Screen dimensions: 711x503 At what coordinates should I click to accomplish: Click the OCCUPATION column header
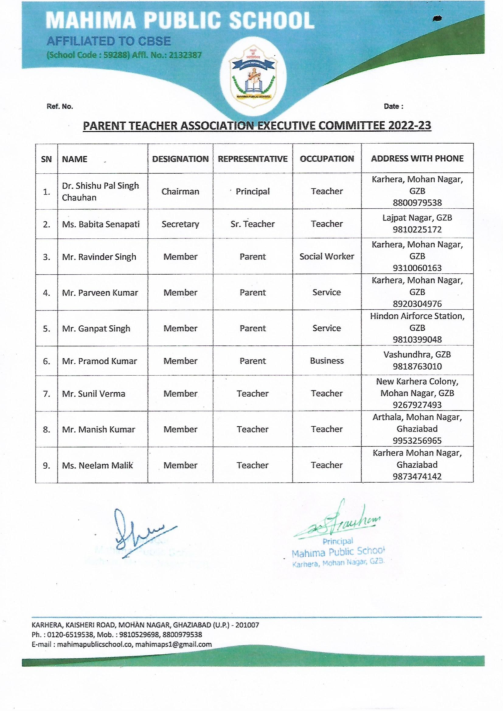click(x=327, y=159)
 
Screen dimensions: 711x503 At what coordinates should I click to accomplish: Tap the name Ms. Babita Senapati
click(x=101, y=224)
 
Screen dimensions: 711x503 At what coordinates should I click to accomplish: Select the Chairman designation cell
click(x=180, y=191)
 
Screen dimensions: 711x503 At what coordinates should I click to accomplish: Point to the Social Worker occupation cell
click(x=327, y=256)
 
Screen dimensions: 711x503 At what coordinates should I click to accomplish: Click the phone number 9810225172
click(x=417, y=230)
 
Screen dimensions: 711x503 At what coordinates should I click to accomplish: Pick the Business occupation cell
click(x=327, y=361)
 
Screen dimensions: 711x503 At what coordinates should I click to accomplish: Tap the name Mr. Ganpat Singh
click(x=96, y=328)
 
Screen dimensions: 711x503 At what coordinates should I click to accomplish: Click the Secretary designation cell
click(x=180, y=224)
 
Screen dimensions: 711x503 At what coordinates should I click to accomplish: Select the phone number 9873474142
click(x=417, y=476)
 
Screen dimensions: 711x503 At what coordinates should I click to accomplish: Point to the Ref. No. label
click(x=60, y=106)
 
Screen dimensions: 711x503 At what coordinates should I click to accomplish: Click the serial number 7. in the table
click(x=47, y=394)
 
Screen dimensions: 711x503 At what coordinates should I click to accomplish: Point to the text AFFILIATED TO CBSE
click(x=108, y=41)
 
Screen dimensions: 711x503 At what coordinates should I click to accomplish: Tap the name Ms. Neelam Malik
click(x=97, y=465)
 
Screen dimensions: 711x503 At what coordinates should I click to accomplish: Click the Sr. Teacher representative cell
click(x=252, y=224)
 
